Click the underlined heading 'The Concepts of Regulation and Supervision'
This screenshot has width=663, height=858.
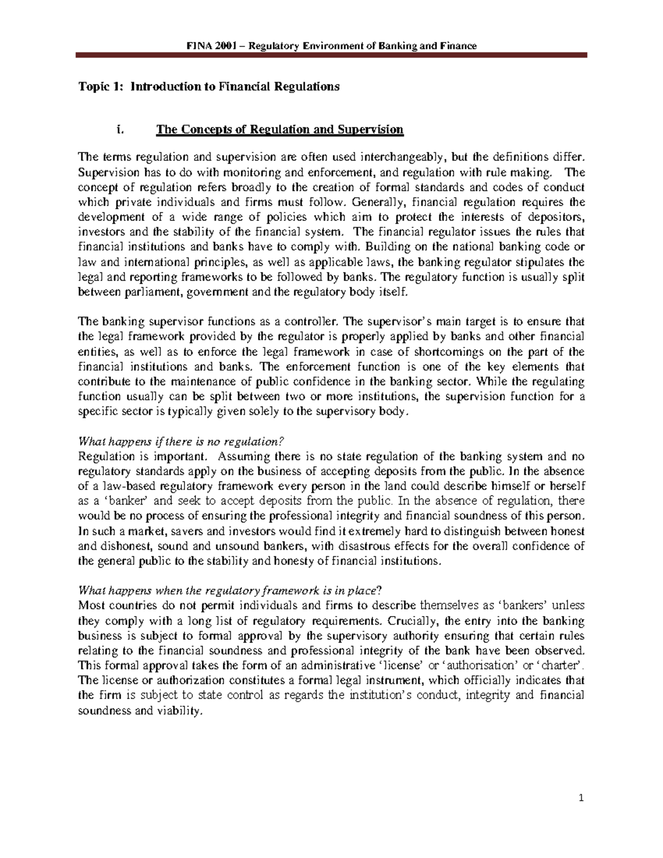[x=280, y=130]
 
